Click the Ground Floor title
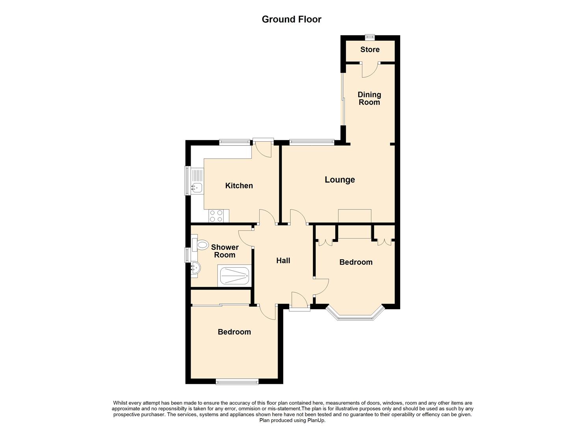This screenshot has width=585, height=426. click(292, 19)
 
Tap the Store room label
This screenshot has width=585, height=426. click(370, 49)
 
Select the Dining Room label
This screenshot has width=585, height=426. click(369, 98)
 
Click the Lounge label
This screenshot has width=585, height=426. click(340, 180)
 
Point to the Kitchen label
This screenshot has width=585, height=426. click(239, 185)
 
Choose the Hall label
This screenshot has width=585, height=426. click(283, 260)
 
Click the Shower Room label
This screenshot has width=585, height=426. click(225, 251)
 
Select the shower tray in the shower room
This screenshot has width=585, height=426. click(234, 276)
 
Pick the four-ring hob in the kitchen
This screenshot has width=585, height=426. click(216, 215)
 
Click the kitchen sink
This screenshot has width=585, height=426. click(197, 187)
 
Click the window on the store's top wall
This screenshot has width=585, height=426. click(370, 37)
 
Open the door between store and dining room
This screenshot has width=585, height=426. click(370, 69)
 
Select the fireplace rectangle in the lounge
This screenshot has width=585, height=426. click(355, 216)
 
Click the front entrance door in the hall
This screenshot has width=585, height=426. click(299, 301)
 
